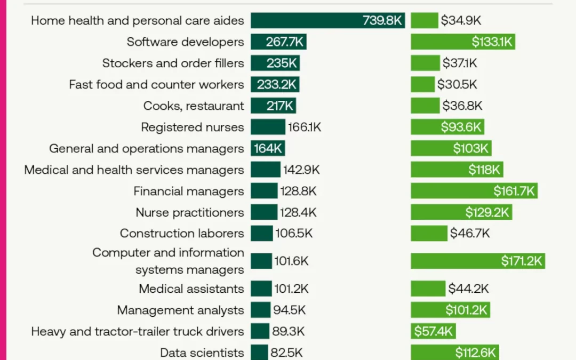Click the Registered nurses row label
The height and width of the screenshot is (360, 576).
coord(192,127)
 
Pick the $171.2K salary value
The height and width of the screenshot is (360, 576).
coord(522,261)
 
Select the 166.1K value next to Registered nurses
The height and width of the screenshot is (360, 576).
coord(305,127)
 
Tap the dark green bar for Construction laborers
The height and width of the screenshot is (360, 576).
coord(261,234)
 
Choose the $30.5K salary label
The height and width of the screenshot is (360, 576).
coord(457,84)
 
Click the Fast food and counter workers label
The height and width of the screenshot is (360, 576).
coord(156,84)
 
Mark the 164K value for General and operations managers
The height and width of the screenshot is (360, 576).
coord(268,148)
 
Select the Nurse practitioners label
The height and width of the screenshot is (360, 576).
coord(189,212)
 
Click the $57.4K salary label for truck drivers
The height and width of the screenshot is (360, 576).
coord(433,332)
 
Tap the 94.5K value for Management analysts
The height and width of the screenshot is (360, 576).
coord(290,310)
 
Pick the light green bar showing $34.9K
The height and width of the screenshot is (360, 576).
coord(424,21)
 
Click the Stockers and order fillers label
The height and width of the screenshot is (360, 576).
coord(173,63)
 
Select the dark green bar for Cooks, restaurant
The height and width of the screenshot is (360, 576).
coord(258,106)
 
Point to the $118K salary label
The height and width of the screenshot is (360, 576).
coord(484,170)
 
